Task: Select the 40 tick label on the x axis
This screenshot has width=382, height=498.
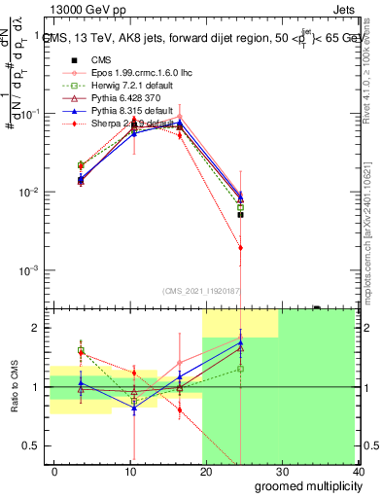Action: click(358, 471)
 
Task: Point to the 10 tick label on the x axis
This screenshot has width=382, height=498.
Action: click(130, 471)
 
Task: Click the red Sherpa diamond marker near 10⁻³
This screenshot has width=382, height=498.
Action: click(240, 248)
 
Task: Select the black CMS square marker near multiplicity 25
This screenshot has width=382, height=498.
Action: click(240, 214)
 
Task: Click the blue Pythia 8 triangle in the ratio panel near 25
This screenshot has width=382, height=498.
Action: click(240, 342)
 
